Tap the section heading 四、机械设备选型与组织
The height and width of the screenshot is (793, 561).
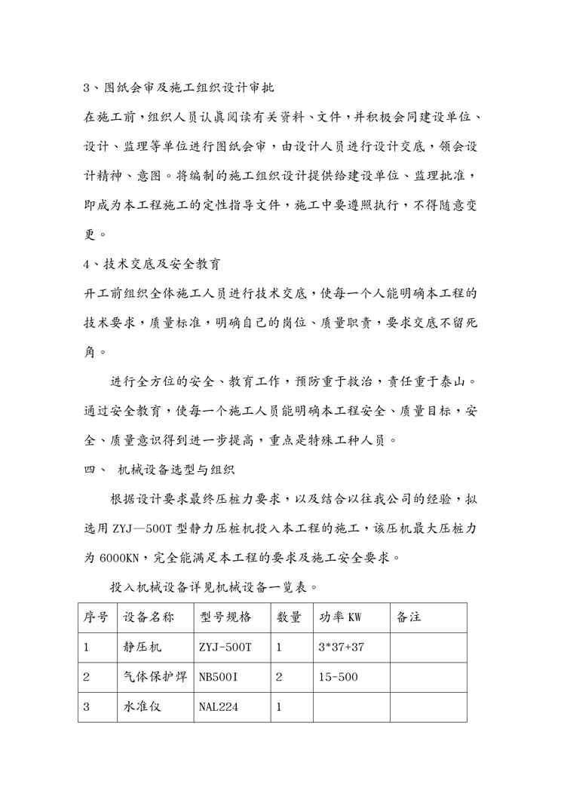159,470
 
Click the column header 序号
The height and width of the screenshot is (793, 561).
95,617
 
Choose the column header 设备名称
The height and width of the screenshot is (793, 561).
149,617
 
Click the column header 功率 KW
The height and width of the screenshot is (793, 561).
340,617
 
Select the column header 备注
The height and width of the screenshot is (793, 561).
409,617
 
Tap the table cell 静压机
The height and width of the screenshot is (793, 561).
143,647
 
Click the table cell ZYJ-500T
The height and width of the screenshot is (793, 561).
225,647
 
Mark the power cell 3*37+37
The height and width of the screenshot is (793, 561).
342,647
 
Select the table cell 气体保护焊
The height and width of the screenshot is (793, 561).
155,677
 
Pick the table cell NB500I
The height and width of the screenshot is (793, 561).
219,677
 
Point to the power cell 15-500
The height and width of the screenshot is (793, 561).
337,677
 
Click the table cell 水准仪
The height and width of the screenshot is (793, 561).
143,707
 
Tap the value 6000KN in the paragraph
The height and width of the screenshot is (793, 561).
119,559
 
